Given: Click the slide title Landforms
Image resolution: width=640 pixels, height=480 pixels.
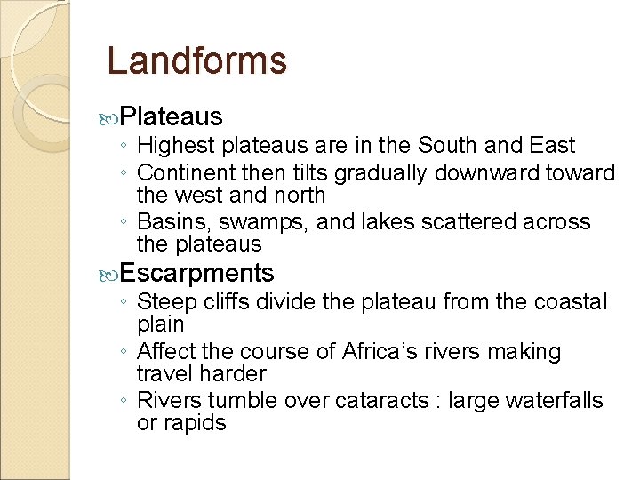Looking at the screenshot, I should pos(196,61).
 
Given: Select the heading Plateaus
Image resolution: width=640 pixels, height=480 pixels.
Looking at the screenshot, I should pos(171,116).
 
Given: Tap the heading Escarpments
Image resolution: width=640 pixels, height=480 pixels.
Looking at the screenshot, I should pos(196,272).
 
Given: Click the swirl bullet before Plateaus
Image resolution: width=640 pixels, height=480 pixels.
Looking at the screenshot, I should pos(110,117).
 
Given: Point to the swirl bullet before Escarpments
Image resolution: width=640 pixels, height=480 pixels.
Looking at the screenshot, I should pos(110,273).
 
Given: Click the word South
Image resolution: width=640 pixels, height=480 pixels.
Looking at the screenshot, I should pos(459,145).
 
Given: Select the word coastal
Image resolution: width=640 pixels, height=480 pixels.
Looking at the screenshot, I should pos(571,302).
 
